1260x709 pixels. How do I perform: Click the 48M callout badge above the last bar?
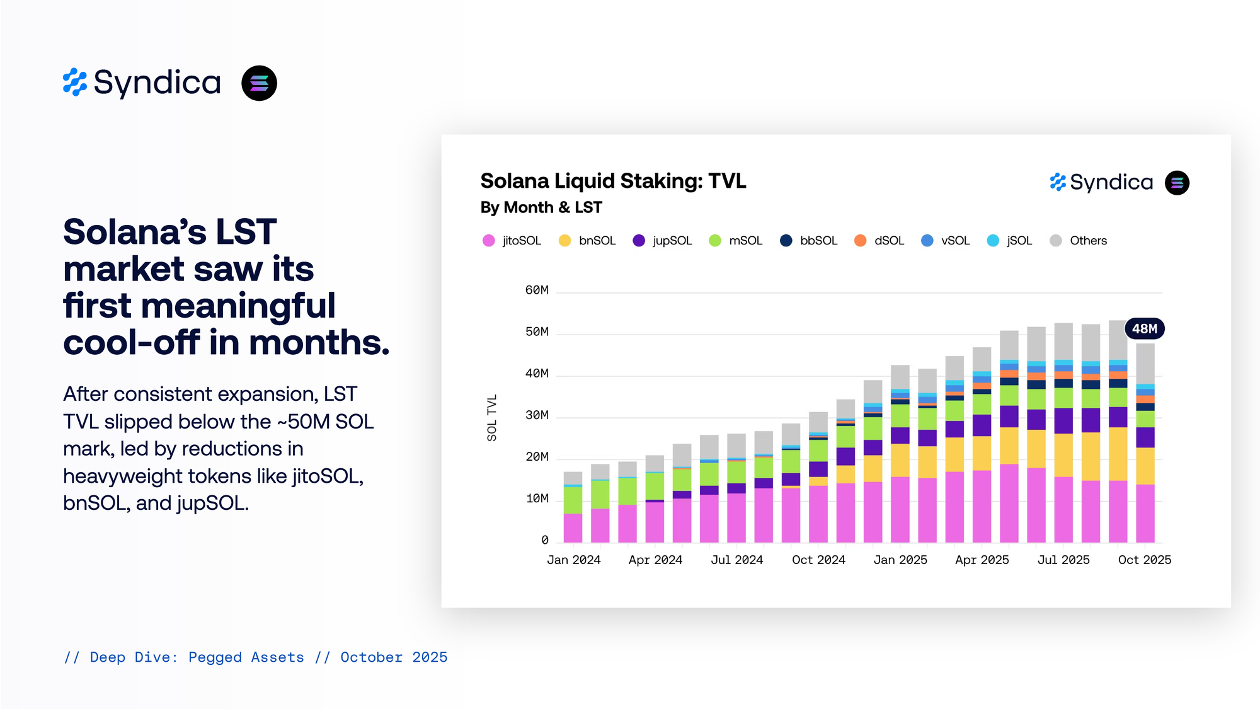[1144, 329]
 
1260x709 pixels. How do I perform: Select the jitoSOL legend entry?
[512, 241]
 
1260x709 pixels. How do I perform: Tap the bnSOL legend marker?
[564, 241]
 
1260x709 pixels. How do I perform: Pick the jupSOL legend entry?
[662, 241]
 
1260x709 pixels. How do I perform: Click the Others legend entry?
[1078, 241]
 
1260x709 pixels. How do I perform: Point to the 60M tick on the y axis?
[537, 291]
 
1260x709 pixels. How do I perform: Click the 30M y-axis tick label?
[537, 415]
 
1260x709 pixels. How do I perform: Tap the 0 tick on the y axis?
[544, 540]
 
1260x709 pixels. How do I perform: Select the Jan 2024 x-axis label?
[573, 560]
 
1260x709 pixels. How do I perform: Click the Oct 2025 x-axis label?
[1144, 560]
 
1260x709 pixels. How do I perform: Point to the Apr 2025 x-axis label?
[982, 560]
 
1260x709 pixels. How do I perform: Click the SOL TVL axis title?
[492, 418]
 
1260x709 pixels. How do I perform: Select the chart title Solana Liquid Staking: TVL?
[613, 182]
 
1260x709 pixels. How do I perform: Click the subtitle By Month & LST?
[541, 207]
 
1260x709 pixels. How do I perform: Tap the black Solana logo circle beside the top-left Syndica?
[259, 83]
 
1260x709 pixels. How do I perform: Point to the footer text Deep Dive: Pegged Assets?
[197, 657]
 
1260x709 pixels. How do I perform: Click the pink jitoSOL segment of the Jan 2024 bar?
[573, 527]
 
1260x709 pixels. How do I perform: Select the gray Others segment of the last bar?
[1145, 364]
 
